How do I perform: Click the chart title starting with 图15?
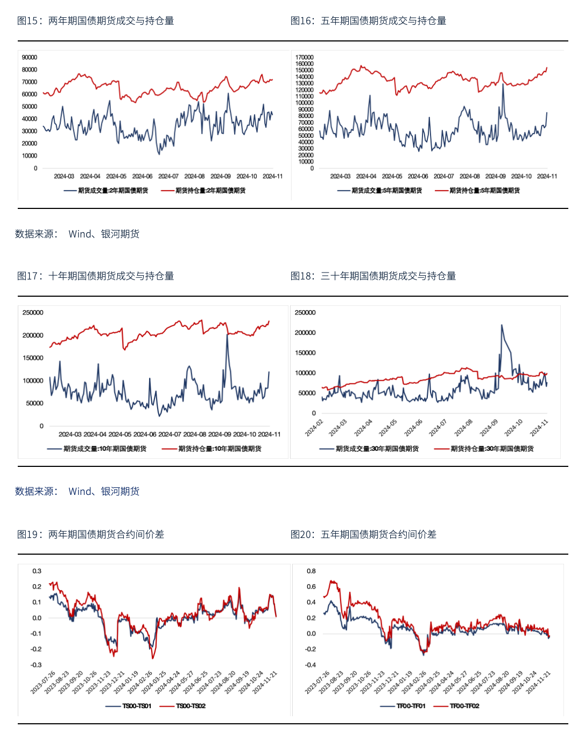pos(95,20)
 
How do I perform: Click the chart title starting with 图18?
pos(373,276)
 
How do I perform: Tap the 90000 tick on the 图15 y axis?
pos(30,57)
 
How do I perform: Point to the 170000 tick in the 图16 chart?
pos(305,57)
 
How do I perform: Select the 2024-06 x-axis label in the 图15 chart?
pos(142,176)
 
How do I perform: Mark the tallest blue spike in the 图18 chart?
pos(502,325)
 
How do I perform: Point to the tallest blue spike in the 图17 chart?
pos(227,335)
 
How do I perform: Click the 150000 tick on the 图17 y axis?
pos(33,358)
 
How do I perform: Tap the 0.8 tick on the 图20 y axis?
pos(311,571)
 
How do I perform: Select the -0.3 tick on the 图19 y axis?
pos(36,665)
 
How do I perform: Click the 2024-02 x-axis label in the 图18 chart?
pos(314,428)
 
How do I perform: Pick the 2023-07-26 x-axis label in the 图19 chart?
pos(44,682)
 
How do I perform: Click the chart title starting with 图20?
pos(363,534)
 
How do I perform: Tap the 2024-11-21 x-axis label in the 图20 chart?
pos(539,682)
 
